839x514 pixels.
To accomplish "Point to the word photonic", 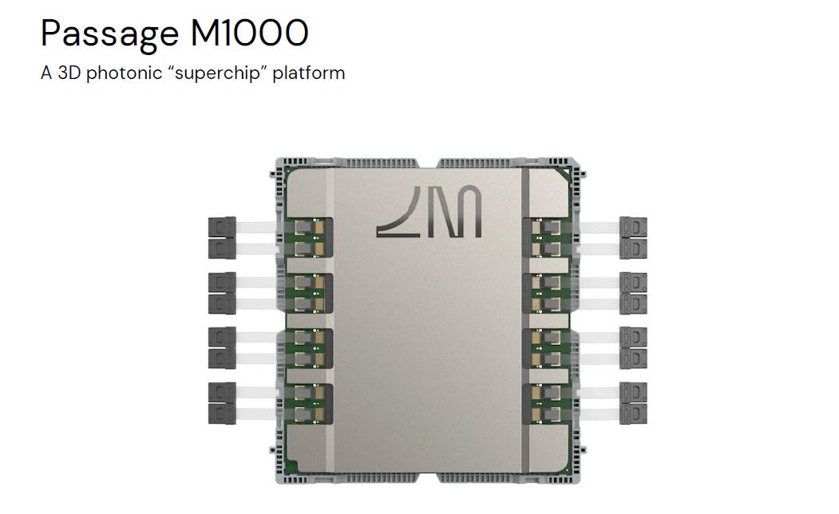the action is [117, 73].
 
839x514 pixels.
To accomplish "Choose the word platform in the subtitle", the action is [309, 73].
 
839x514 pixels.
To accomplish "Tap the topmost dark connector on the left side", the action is [221, 227].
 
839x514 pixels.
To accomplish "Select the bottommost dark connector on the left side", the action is [221, 413].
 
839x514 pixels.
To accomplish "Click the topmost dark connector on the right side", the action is [634, 227].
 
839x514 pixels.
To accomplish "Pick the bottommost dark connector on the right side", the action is [634, 413].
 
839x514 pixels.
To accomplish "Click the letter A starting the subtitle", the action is [46, 73].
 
